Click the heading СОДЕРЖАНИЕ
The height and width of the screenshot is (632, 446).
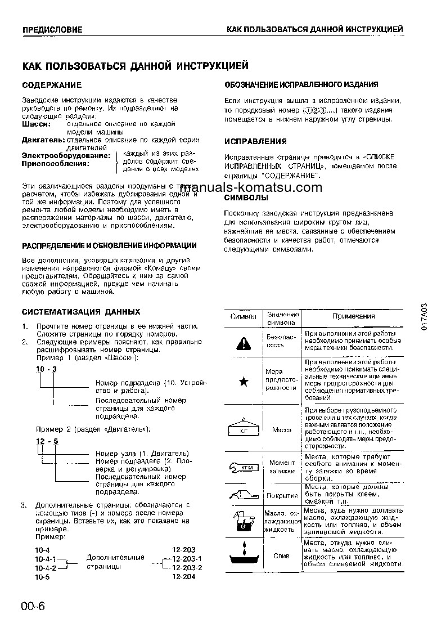point(52,85)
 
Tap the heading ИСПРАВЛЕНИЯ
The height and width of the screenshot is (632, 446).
point(255,141)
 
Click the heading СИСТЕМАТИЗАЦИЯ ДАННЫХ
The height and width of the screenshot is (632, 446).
point(81,312)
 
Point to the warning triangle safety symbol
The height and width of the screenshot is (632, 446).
point(243,342)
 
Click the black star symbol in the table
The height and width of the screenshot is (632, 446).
point(244,382)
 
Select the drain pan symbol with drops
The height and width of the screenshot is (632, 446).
point(243,555)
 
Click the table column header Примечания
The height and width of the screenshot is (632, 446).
point(352,317)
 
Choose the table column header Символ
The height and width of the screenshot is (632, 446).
point(244,317)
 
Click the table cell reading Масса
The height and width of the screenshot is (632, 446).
point(281,429)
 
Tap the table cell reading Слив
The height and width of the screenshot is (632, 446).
point(281,556)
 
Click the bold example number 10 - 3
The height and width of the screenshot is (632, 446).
point(47,368)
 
